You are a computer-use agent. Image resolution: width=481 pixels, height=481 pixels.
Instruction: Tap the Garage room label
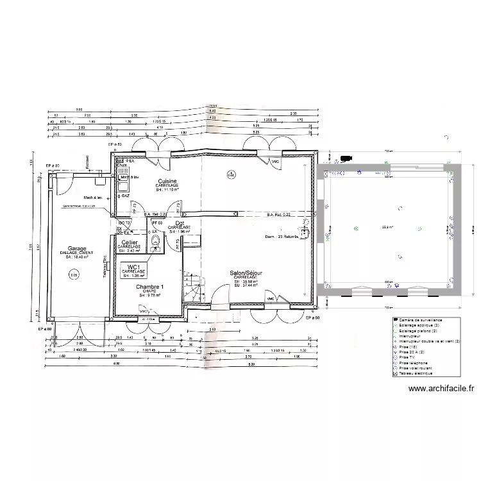pyautogui.click(x=77, y=248)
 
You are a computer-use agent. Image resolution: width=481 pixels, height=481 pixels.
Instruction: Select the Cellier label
pyautogui.click(x=129, y=242)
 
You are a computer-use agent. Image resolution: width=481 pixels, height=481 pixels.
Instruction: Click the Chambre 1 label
pyautogui.click(x=149, y=287)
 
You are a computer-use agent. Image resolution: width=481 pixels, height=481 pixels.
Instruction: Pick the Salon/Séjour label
pyautogui.click(x=246, y=273)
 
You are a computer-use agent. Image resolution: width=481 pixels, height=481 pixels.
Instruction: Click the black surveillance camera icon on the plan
pyautogui.click(x=346, y=157)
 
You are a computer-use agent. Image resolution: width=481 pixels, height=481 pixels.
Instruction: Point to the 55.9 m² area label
pyautogui.click(x=387, y=227)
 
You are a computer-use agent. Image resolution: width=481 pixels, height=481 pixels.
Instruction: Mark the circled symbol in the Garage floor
pyautogui.click(x=74, y=274)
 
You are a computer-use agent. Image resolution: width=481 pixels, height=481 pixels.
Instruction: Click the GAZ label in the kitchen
pyautogui.click(x=126, y=195)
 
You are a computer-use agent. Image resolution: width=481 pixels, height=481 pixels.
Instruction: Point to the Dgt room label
pyautogui.click(x=180, y=223)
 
